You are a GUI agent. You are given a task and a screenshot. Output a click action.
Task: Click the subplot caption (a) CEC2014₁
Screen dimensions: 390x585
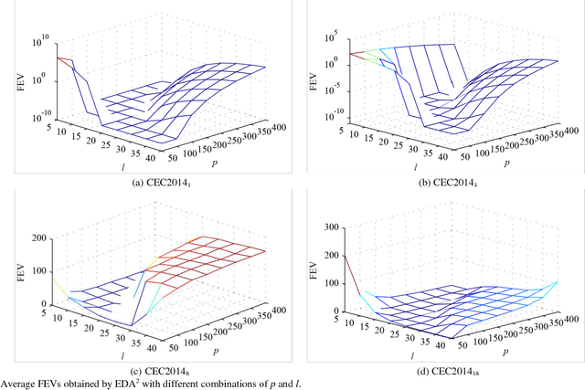[146, 184]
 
